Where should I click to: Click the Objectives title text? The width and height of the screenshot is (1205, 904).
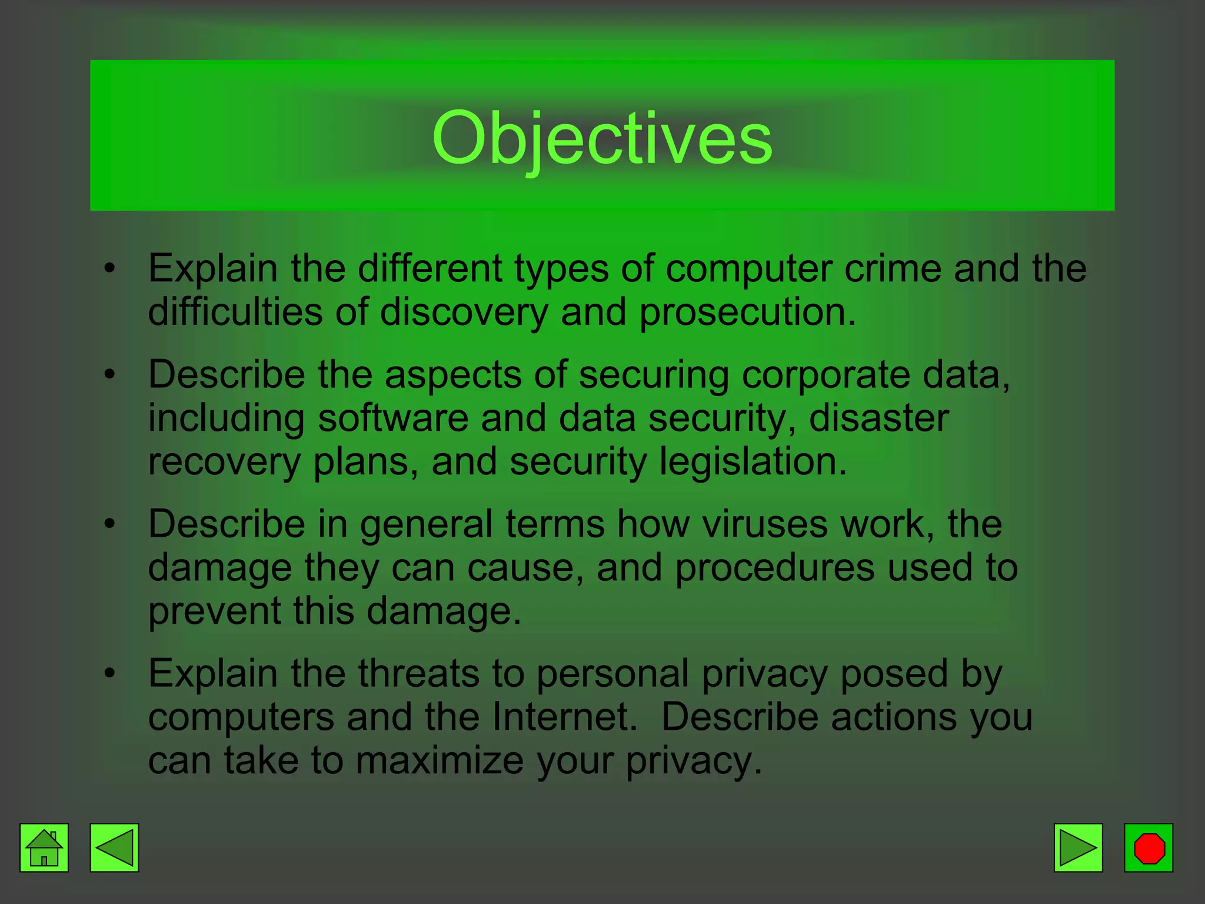pyautogui.click(x=602, y=139)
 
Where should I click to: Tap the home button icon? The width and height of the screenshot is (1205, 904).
pyautogui.click(x=44, y=847)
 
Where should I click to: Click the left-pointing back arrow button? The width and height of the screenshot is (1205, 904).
pyautogui.click(x=114, y=847)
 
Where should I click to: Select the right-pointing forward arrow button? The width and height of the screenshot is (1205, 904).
pyautogui.click(x=1078, y=847)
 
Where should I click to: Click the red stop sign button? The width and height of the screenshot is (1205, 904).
pyautogui.click(x=1149, y=847)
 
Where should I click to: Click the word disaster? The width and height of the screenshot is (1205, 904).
pyautogui.click(x=878, y=418)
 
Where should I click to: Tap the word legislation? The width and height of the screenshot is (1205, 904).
pyautogui.click(x=753, y=461)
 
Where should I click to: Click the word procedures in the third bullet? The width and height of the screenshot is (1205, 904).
pyautogui.click(x=774, y=567)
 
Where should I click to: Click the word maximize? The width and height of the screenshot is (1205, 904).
pyautogui.click(x=440, y=760)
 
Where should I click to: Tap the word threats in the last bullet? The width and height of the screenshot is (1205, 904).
pyautogui.click(x=418, y=673)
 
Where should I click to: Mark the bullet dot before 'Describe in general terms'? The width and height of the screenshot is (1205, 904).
pyautogui.click(x=109, y=524)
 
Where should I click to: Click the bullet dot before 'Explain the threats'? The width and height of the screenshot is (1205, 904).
pyautogui.click(x=109, y=673)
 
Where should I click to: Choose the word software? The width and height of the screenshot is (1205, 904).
pyautogui.click(x=392, y=418)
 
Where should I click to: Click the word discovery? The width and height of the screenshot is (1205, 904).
pyautogui.click(x=464, y=312)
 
